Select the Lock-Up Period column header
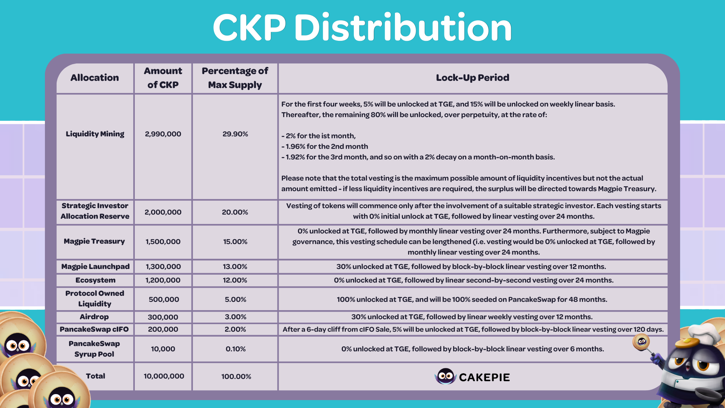click(472, 78)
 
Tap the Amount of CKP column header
click(163, 78)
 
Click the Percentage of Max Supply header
click(235, 78)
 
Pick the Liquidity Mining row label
click(95, 134)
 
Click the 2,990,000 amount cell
click(163, 134)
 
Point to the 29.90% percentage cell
click(235, 134)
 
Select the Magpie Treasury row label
click(94, 241)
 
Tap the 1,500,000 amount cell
click(163, 242)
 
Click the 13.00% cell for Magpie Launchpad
click(235, 267)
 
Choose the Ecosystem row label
click(95, 280)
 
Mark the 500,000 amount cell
click(164, 300)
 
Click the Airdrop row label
click(94, 317)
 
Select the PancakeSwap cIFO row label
click(94, 329)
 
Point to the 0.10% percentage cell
click(235, 349)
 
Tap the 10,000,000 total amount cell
click(164, 376)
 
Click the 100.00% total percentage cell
click(236, 377)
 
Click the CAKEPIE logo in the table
click(472, 377)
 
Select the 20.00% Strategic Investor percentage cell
click(235, 212)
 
